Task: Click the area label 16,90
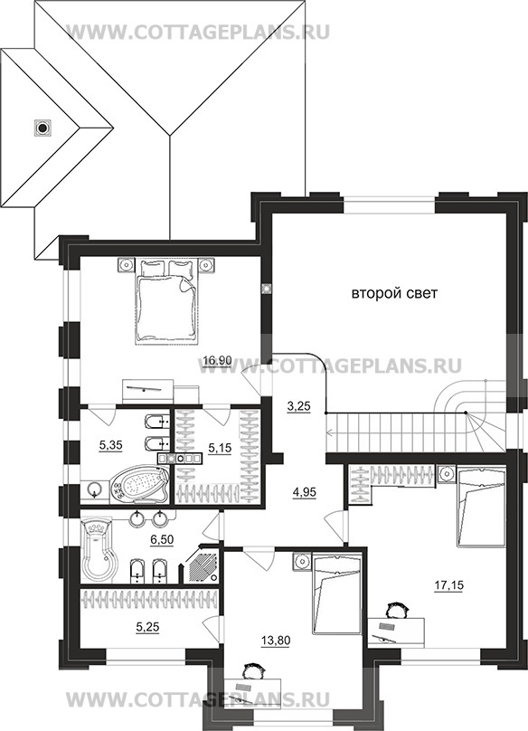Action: [217, 360]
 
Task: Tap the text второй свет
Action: [394, 294]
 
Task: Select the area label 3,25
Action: [298, 406]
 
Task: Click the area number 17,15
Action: [448, 585]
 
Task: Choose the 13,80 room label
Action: [276, 641]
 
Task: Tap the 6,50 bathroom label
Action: [162, 539]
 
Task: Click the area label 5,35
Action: [111, 445]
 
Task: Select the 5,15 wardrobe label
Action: [220, 449]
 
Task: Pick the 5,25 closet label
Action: [147, 628]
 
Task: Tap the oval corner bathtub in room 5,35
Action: [139, 483]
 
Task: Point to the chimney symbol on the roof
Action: [42, 127]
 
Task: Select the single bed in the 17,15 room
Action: [481, 508]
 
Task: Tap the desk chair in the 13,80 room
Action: [253, 672]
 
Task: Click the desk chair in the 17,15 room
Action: [397, 610]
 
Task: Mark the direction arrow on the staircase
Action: [396, 432]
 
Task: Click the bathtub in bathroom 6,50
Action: [99, 552]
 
